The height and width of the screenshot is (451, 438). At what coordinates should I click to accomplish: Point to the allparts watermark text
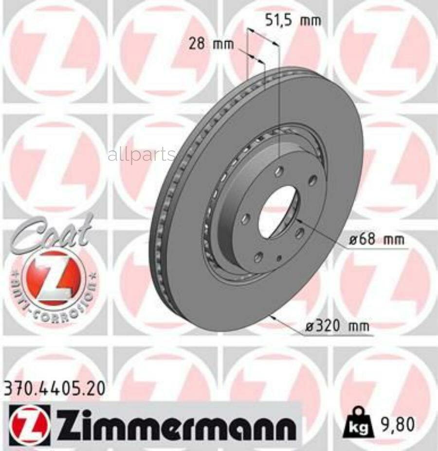point(141,155)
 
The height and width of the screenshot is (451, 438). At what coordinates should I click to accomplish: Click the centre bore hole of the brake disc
point(277,212)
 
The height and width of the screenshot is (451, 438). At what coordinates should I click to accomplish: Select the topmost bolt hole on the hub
point(279,172)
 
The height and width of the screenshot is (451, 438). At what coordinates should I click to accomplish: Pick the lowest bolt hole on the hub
point(258,256)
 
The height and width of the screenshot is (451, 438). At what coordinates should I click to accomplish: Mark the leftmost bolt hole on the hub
point(245,219)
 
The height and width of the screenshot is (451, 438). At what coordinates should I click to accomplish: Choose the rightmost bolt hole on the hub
point(312,180)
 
